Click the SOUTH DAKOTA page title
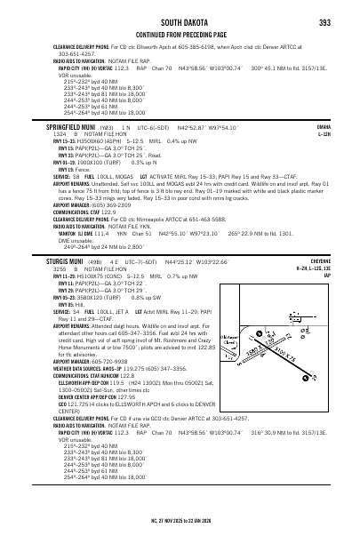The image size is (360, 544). point(180,20)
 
